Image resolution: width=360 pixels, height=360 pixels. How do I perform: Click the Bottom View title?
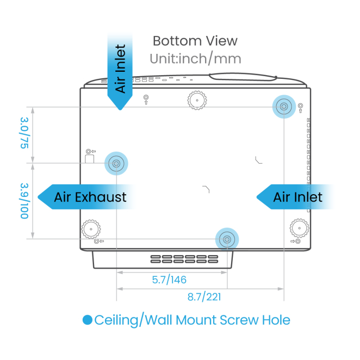(x=195, y=41)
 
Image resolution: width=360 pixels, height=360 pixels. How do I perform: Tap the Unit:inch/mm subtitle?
(x=195, y=59)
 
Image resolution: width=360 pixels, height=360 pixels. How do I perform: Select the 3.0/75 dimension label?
(x=24, y=133)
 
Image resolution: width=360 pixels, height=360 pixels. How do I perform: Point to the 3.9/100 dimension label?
(x=24, y=201)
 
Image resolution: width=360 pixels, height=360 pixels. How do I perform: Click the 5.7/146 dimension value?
(x=169, y=280)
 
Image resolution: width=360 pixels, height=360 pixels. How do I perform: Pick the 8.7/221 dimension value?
(x=204, y=297)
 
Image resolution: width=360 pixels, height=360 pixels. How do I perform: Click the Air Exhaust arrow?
(x=86, y=197)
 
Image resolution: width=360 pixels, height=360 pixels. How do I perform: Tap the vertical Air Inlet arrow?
(x=120, y=71)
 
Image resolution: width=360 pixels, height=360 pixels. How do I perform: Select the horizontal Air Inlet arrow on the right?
(x=295, y=197)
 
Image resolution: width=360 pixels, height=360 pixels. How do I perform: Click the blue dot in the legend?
(x=88, y=320)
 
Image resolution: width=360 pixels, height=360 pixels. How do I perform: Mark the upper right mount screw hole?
(x=284, y=107)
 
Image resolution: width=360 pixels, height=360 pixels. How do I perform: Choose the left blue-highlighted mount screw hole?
(x=116, y=164)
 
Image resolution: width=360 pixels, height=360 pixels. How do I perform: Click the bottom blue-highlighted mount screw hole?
(x=227, y=239)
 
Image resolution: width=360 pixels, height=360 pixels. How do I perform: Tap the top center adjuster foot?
(x=197, y=100)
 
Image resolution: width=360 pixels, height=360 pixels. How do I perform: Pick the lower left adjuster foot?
(x=91, y=229)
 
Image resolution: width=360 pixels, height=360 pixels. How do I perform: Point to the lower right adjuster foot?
(x=300, y=228)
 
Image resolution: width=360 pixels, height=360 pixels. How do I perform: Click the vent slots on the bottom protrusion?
(x=184, y=259)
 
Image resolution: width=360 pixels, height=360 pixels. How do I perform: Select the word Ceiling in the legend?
(x=116, y=320)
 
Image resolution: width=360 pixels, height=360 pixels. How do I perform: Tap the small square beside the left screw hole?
(x=90, y=159)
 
